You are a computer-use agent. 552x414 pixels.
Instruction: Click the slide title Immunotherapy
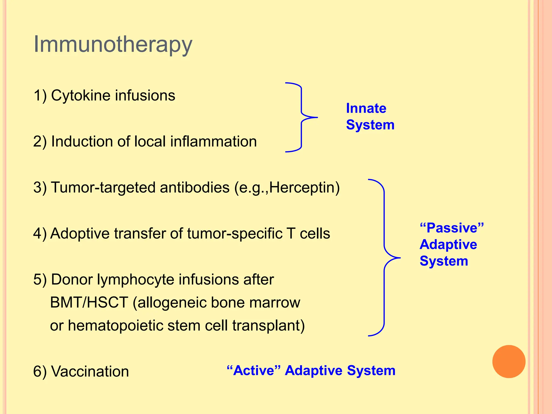click(113, 44)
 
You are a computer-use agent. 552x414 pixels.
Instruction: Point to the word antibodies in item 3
click(195, 188)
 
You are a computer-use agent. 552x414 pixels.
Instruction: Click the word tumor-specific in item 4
click(234, 234)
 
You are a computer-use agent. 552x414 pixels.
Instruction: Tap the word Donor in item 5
click(72, 280)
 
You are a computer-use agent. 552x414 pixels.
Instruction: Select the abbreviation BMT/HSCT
click(89, 302)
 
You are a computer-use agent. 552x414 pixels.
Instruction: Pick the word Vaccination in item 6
click(90, 371)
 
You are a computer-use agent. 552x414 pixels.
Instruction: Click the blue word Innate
click(366, 108)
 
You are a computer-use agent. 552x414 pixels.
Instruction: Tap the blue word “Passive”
click(452, 228)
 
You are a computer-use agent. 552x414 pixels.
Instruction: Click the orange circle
click(509, 361)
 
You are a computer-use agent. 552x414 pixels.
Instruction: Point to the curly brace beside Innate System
click(301, 118)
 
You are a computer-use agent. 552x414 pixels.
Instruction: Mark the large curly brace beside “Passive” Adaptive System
click(384, 258)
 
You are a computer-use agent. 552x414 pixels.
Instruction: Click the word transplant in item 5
click(268, 326)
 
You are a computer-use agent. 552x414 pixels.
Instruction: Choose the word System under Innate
click(370, 125)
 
